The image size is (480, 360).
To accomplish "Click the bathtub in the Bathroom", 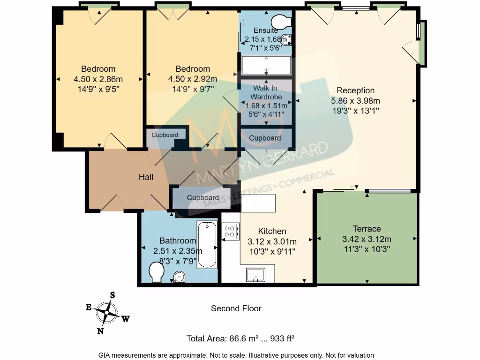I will [207, 244].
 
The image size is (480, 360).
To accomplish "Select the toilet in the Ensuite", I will [282, 22].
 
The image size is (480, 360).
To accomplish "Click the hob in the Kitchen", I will [230, 232].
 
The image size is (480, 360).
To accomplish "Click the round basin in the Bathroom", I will [179, 277].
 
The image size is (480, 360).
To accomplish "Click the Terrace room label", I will [367, 229].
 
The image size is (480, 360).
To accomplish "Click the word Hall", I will [146, 177].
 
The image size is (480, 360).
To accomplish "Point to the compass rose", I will [107, 313].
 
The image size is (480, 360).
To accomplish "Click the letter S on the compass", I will [112, 295].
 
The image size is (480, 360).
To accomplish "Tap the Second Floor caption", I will [236, 308].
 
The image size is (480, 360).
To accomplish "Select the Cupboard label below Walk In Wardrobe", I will [265, 138].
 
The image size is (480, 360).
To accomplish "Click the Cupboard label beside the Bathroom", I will [202, 197].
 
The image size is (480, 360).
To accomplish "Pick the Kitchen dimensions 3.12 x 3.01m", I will [272, 242].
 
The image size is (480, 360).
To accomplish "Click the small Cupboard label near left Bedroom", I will [165, 135].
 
